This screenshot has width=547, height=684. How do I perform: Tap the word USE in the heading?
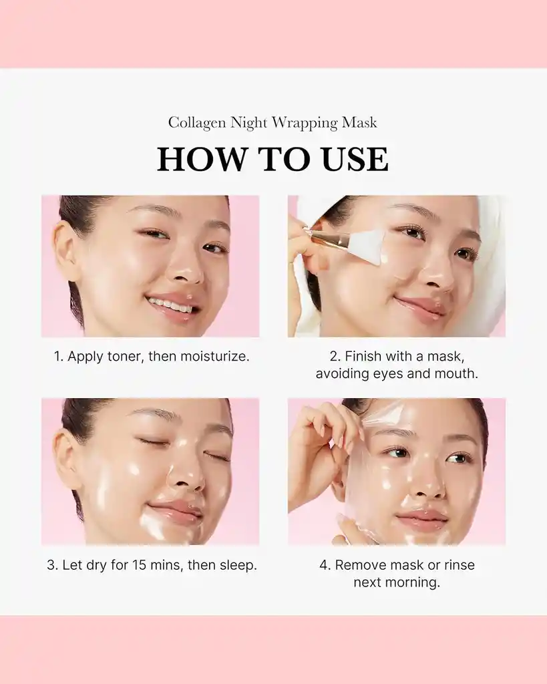(355, 160)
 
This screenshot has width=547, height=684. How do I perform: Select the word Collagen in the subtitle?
(197, 123)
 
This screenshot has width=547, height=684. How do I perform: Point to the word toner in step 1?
(126, 356)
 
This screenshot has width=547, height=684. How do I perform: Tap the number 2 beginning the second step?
(333, 356)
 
